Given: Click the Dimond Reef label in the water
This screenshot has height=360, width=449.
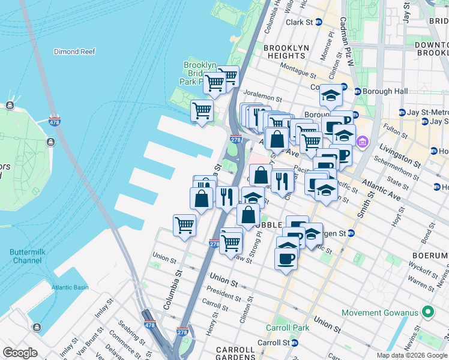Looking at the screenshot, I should [x=74, y=52].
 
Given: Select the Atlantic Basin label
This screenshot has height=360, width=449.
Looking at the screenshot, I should [x=70, y=287].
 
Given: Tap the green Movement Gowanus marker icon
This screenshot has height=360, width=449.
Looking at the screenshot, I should [x=427, y=313].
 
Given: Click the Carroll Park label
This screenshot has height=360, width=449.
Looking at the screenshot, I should [x=288, y=328].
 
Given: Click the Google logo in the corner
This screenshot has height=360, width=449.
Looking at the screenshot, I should [x=20, y=353].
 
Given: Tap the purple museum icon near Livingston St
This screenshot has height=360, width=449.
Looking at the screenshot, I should [x=362, y=142].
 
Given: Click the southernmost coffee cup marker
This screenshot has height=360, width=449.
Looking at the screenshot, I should [x=286, y=259].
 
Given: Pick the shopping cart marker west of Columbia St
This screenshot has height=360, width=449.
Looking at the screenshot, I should [x=184, y=226].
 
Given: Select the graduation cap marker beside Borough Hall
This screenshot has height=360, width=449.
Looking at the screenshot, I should [x=330, y=95].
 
